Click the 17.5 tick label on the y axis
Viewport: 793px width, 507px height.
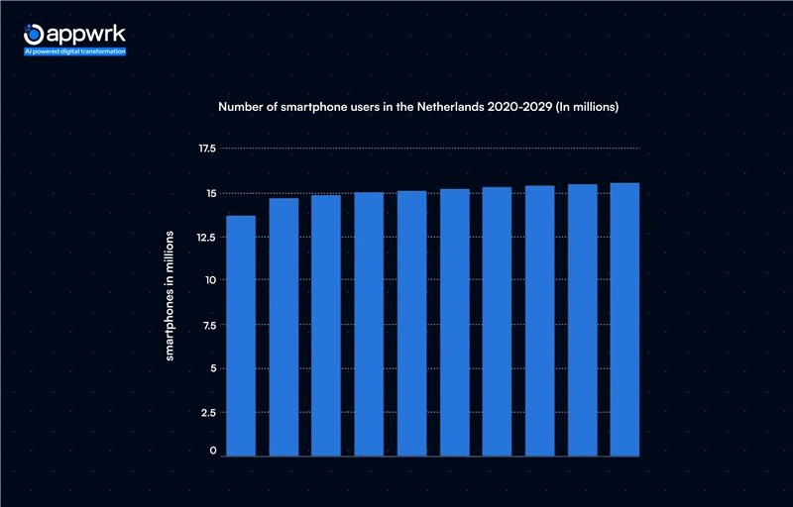pos(207,149)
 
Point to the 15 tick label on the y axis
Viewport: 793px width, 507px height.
pos(210,193)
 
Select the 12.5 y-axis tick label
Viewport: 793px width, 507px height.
pos(207,237)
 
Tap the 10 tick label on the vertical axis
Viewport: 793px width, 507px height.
pos(210,280)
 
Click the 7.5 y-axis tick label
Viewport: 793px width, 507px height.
pos(208,325)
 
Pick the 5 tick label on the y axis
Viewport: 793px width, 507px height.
pos(212,368)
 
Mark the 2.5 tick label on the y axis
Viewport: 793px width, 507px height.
pos(208,412)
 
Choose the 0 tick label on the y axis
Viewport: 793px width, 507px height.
pos(212,452)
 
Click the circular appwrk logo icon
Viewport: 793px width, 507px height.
pos(35,33)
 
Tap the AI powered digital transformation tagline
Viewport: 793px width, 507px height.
pos(75,51)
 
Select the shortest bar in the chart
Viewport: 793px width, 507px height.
pos(240,336)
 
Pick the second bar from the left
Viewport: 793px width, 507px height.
pos(283,327)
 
